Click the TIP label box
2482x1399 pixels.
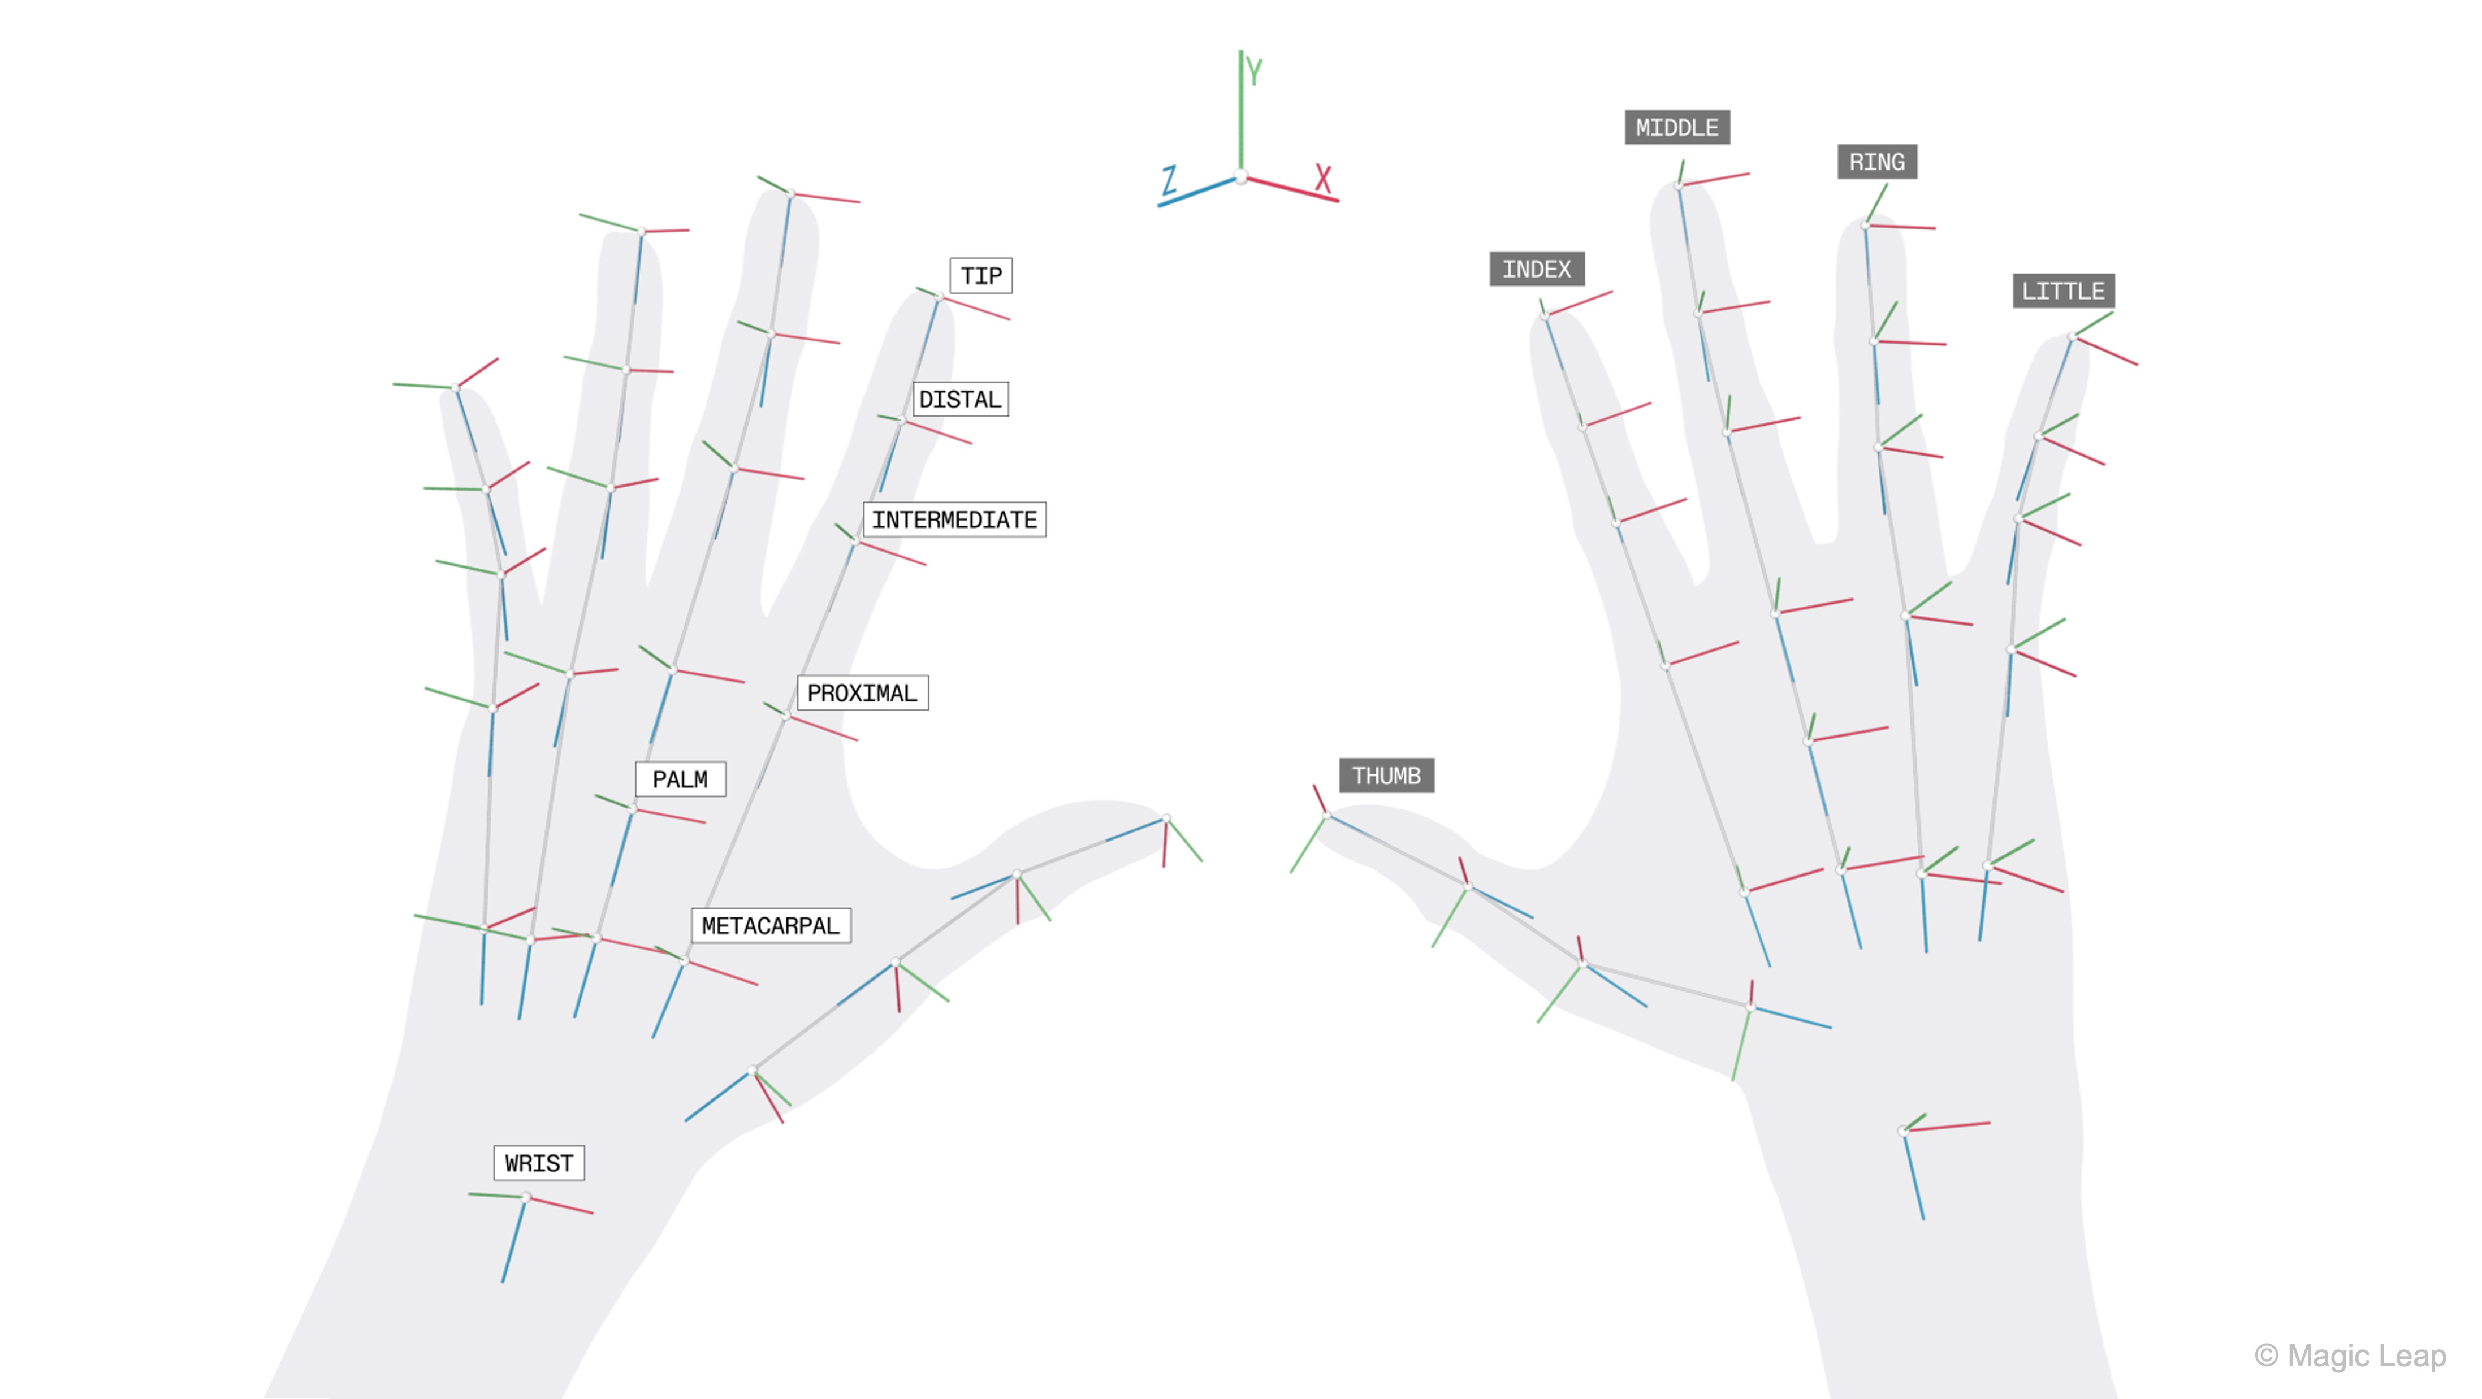coord(981,276)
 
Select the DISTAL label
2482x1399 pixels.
coord(959,399)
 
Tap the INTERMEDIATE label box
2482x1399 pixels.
coord(954,519)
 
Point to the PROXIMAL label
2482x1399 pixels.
coord(862,693)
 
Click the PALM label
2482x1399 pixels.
coord(680,778)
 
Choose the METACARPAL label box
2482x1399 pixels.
coord(771,925)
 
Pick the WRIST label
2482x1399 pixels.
coord(539,1163)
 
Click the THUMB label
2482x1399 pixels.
coord(1386,776)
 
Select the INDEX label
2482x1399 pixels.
coord(1537,269)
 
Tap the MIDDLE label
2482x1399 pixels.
coord(1676,127)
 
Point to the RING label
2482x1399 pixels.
coord(1877,162)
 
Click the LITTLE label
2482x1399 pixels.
coord(2063,290)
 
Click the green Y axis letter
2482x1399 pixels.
coord(1253,71)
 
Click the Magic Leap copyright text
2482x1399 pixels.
coord(2350,1355)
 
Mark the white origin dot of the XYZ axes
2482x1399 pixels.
coord(1241,177)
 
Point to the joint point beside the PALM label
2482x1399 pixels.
coord(633,808)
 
